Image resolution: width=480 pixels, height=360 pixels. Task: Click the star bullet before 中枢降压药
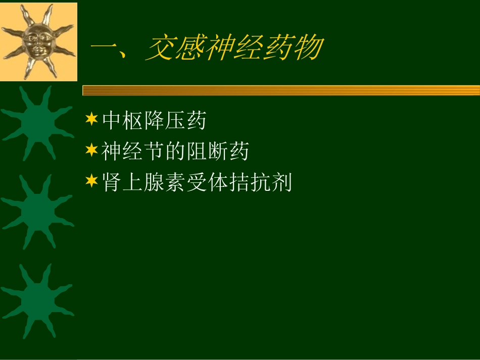point(91,120)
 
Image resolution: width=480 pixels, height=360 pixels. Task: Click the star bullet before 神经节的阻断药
point(91,150)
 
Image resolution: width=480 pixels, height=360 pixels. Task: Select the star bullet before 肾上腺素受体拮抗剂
point(91,181)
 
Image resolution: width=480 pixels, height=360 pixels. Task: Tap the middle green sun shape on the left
point(37,210)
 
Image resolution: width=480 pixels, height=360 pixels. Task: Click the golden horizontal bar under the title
point(281,90)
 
